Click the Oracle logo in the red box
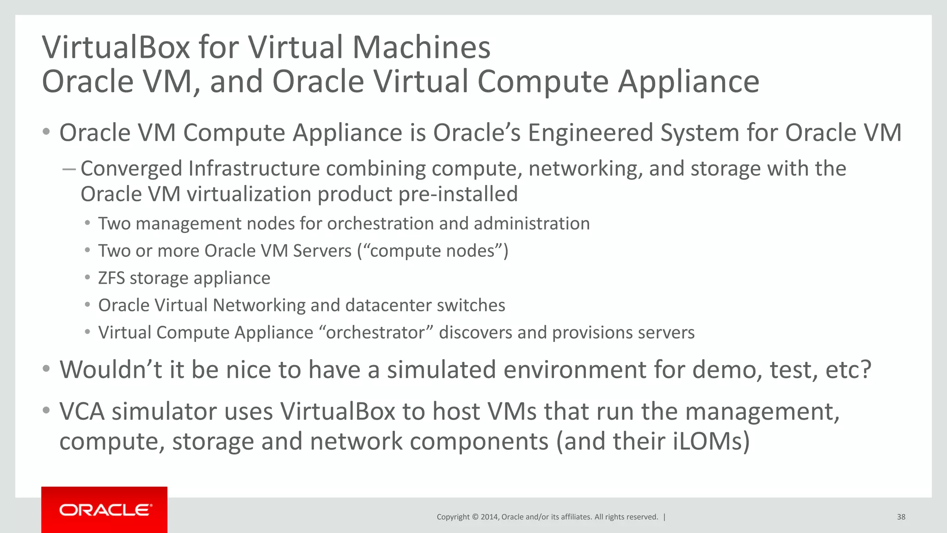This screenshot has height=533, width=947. point(105,510)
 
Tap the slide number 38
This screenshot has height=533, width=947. point(901,517)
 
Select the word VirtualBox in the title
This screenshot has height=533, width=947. point(116,47)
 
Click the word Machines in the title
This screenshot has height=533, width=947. point(421,47)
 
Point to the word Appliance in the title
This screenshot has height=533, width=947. point(689,81)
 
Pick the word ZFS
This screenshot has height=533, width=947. point(111,278)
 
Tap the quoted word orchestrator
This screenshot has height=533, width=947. point(375,333)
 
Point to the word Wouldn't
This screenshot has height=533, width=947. point(111,370)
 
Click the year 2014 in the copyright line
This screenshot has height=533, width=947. point(489,517)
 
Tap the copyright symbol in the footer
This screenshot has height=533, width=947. point(474,517)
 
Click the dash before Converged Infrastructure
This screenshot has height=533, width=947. point(69,169)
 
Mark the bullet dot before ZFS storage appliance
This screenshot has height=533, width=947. point(87,278)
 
